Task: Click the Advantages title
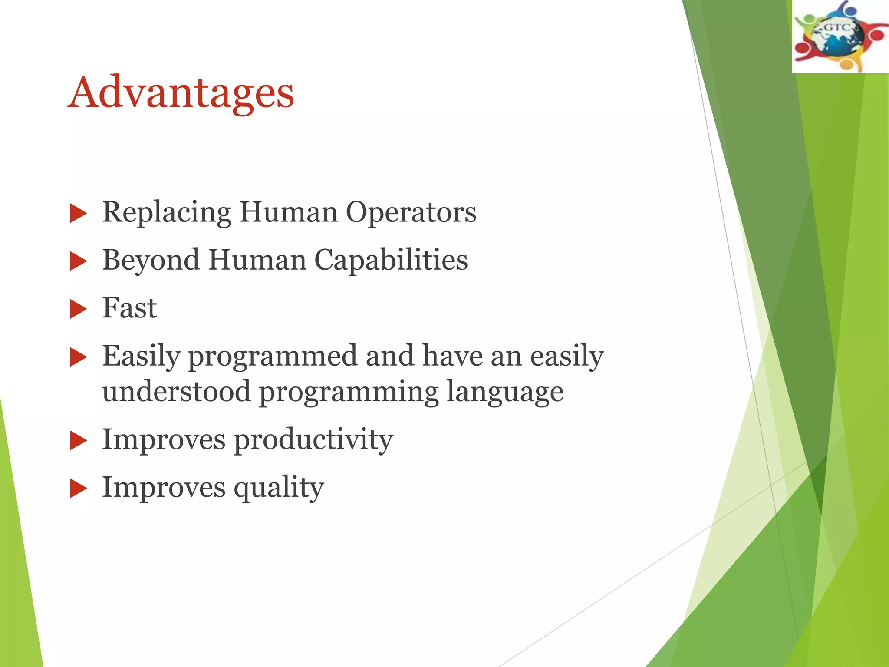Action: point(181,92)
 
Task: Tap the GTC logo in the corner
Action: point(840,36)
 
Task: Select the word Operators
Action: point(411,213)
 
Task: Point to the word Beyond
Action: point(151,261)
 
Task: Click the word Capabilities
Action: point(391,261)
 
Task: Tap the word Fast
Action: point(129,308)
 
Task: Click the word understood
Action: point(176,392)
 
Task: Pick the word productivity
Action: point(313,440)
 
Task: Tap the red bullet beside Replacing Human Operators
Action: point(78,214)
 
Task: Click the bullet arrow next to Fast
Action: point(78,310)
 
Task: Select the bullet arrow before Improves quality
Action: point(78,489)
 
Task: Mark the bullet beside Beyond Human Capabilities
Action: point(78,262)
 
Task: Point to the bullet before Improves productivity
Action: point(78,441)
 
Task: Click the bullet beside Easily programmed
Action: point(78,358)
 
